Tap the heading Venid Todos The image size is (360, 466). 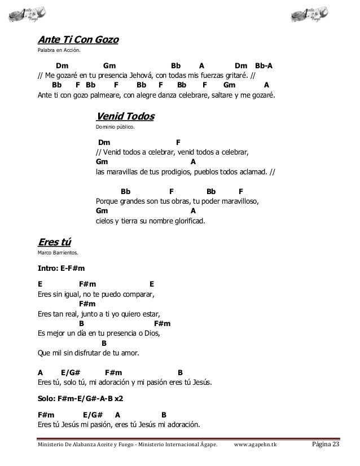point(125,117)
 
